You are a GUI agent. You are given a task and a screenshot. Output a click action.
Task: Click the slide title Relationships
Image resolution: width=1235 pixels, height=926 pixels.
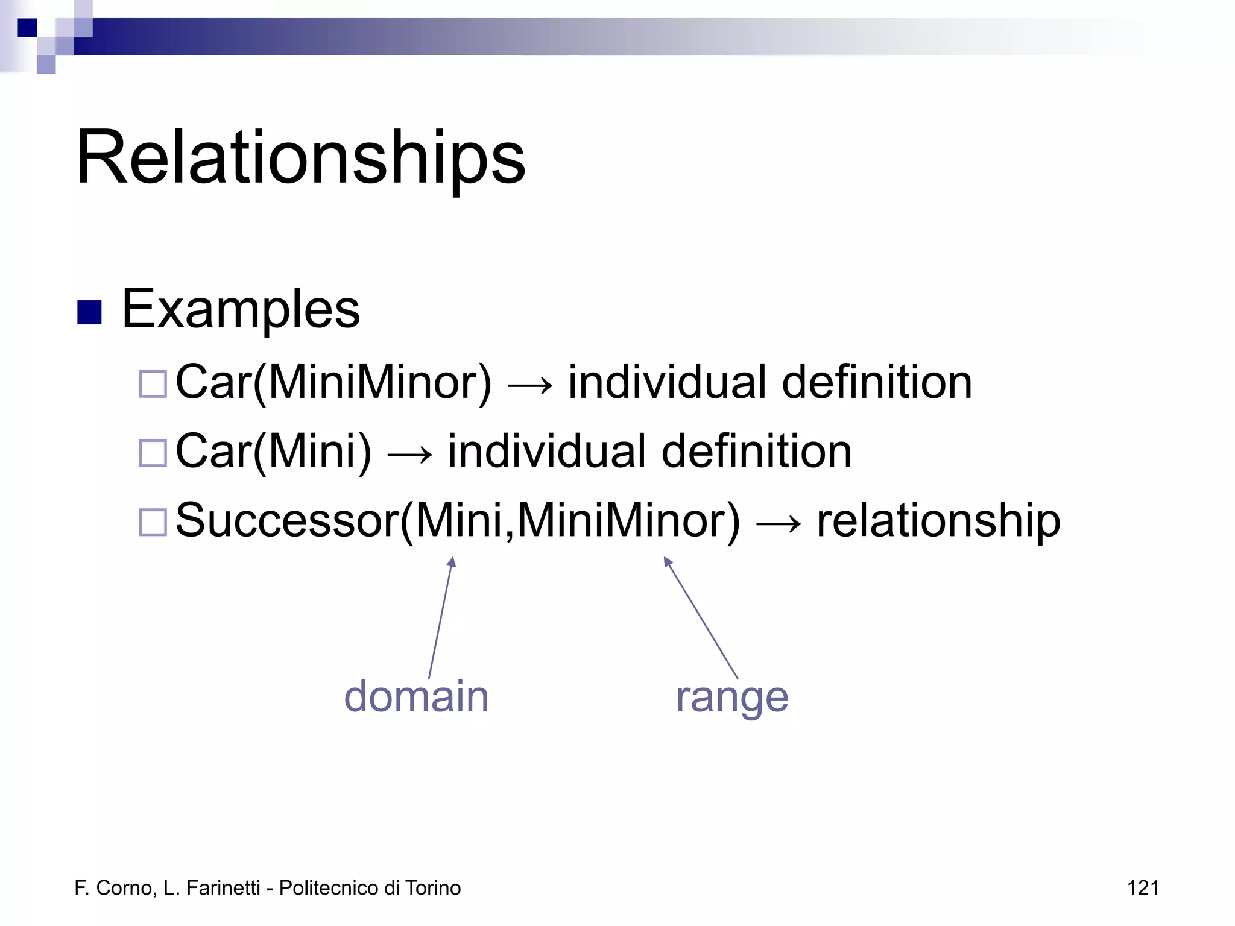[300, 158]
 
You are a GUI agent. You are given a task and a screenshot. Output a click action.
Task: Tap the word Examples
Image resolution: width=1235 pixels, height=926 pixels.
[241, 309]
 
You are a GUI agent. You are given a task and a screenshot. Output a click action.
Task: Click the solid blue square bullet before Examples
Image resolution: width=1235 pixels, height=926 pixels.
[89, 312]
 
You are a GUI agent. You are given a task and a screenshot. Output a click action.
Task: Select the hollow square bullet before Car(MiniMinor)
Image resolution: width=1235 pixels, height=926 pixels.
[153, 384]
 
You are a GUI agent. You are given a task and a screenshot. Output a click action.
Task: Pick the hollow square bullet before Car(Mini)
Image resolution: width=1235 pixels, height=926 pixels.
[153, 453]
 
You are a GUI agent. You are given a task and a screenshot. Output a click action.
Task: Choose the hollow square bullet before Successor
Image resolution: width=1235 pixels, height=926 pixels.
[153, 522]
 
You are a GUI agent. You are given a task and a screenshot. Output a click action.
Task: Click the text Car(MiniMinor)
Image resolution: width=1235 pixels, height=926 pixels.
[333, 383]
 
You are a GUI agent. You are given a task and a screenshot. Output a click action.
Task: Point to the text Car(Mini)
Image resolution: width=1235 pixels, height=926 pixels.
[273, 452]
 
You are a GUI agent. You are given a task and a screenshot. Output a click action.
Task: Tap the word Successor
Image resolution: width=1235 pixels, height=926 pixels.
[287, 520]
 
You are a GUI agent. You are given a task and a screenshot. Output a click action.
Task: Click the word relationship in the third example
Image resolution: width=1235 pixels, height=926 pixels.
[938, 520]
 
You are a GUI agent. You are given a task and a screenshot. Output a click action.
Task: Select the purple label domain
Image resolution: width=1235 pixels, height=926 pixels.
[416, 696]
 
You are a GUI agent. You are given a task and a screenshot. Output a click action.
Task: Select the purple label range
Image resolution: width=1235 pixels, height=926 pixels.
[731, 698]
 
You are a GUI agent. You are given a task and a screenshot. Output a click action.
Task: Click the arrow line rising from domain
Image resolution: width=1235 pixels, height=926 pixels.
[441, 618]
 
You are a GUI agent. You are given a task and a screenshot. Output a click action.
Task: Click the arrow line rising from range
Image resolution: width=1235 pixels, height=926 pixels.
[701, 618]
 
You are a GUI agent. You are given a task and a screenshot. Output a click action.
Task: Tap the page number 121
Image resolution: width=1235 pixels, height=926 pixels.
[1143, 888]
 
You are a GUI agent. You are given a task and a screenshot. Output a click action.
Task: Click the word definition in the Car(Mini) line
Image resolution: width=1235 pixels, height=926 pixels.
[756, 452]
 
